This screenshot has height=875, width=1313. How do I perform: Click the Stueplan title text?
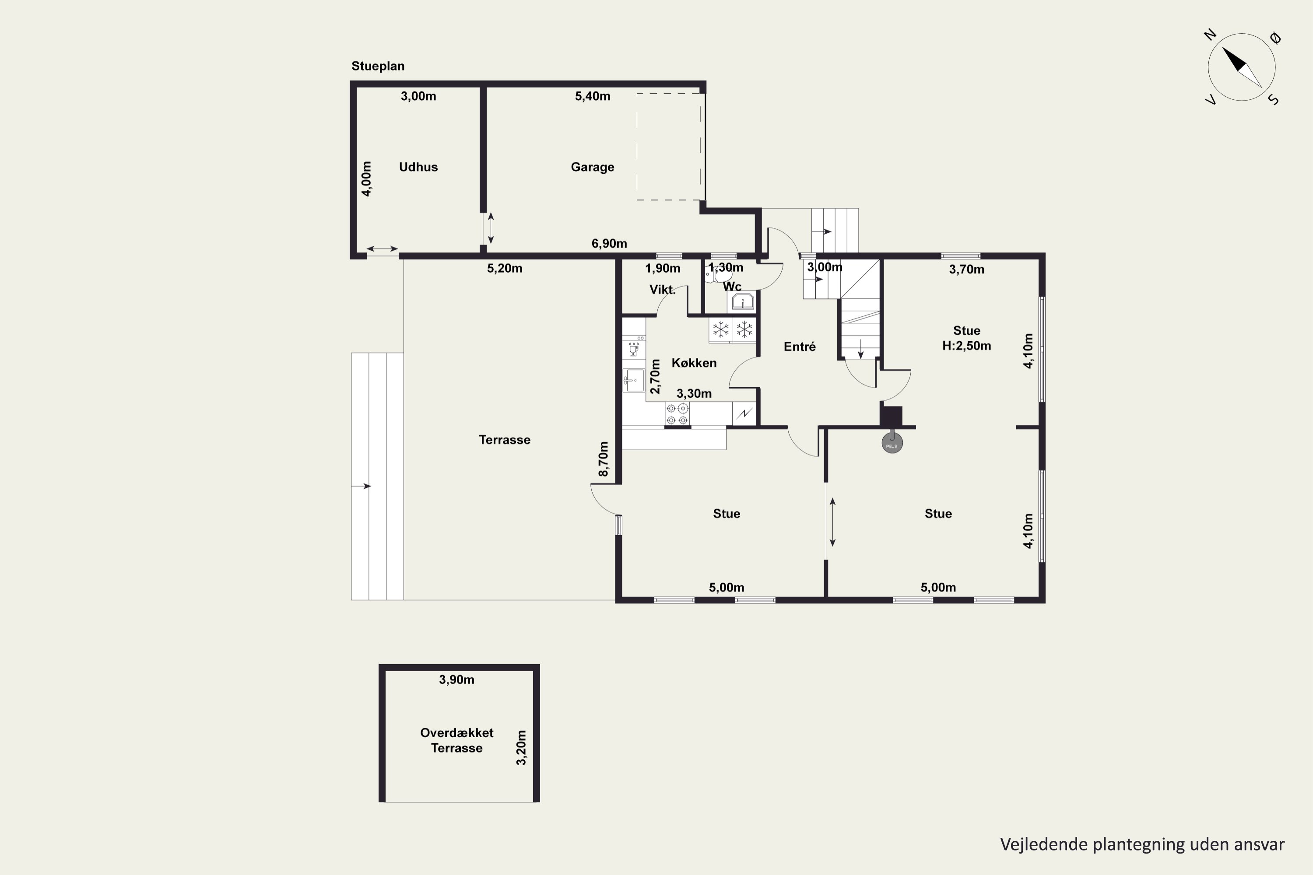coord(378,66)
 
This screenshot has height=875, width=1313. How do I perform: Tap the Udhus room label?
coord(418,167)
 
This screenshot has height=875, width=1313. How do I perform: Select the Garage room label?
coord(592,167)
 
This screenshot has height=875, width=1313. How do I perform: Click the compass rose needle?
coord(1242,67)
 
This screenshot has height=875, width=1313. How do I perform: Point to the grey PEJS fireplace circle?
coord(892,443)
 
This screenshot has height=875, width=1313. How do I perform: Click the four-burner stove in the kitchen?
coord(677,414)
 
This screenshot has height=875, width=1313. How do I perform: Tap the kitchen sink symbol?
coord(634,381)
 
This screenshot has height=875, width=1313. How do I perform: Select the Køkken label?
coord(694,363)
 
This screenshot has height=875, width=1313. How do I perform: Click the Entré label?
coord(800,346)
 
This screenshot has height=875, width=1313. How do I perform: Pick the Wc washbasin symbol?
coord(743,302)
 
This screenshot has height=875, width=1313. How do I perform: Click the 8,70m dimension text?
coord(604,459)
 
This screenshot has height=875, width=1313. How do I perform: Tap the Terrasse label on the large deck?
coord(505,440)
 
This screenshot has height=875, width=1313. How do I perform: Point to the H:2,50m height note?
coord(966,346)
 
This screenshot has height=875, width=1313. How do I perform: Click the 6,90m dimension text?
coord(609,243)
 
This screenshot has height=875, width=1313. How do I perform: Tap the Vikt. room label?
coord(663,290)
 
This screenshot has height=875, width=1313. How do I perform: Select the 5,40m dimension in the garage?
coord(592,96)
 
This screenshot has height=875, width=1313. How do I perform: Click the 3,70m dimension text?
coord(966,269)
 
